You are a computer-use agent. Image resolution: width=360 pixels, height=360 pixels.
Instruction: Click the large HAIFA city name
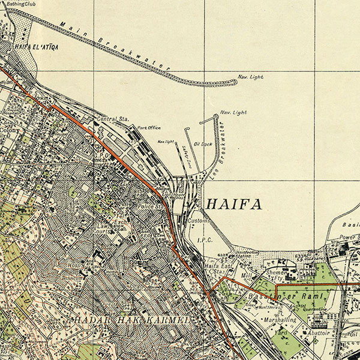(x=233, y=205)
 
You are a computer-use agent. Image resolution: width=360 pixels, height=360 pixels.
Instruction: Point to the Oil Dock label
(x=203, y=145)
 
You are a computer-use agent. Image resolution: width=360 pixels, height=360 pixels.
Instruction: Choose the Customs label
(x=197, y=221)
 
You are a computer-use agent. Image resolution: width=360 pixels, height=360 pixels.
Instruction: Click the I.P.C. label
(x=205, y=240)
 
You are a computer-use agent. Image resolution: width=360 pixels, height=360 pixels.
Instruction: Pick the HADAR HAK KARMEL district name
(x=132, y=320)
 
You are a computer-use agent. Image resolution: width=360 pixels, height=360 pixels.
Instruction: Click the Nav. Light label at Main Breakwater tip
(x=250, y=76)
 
